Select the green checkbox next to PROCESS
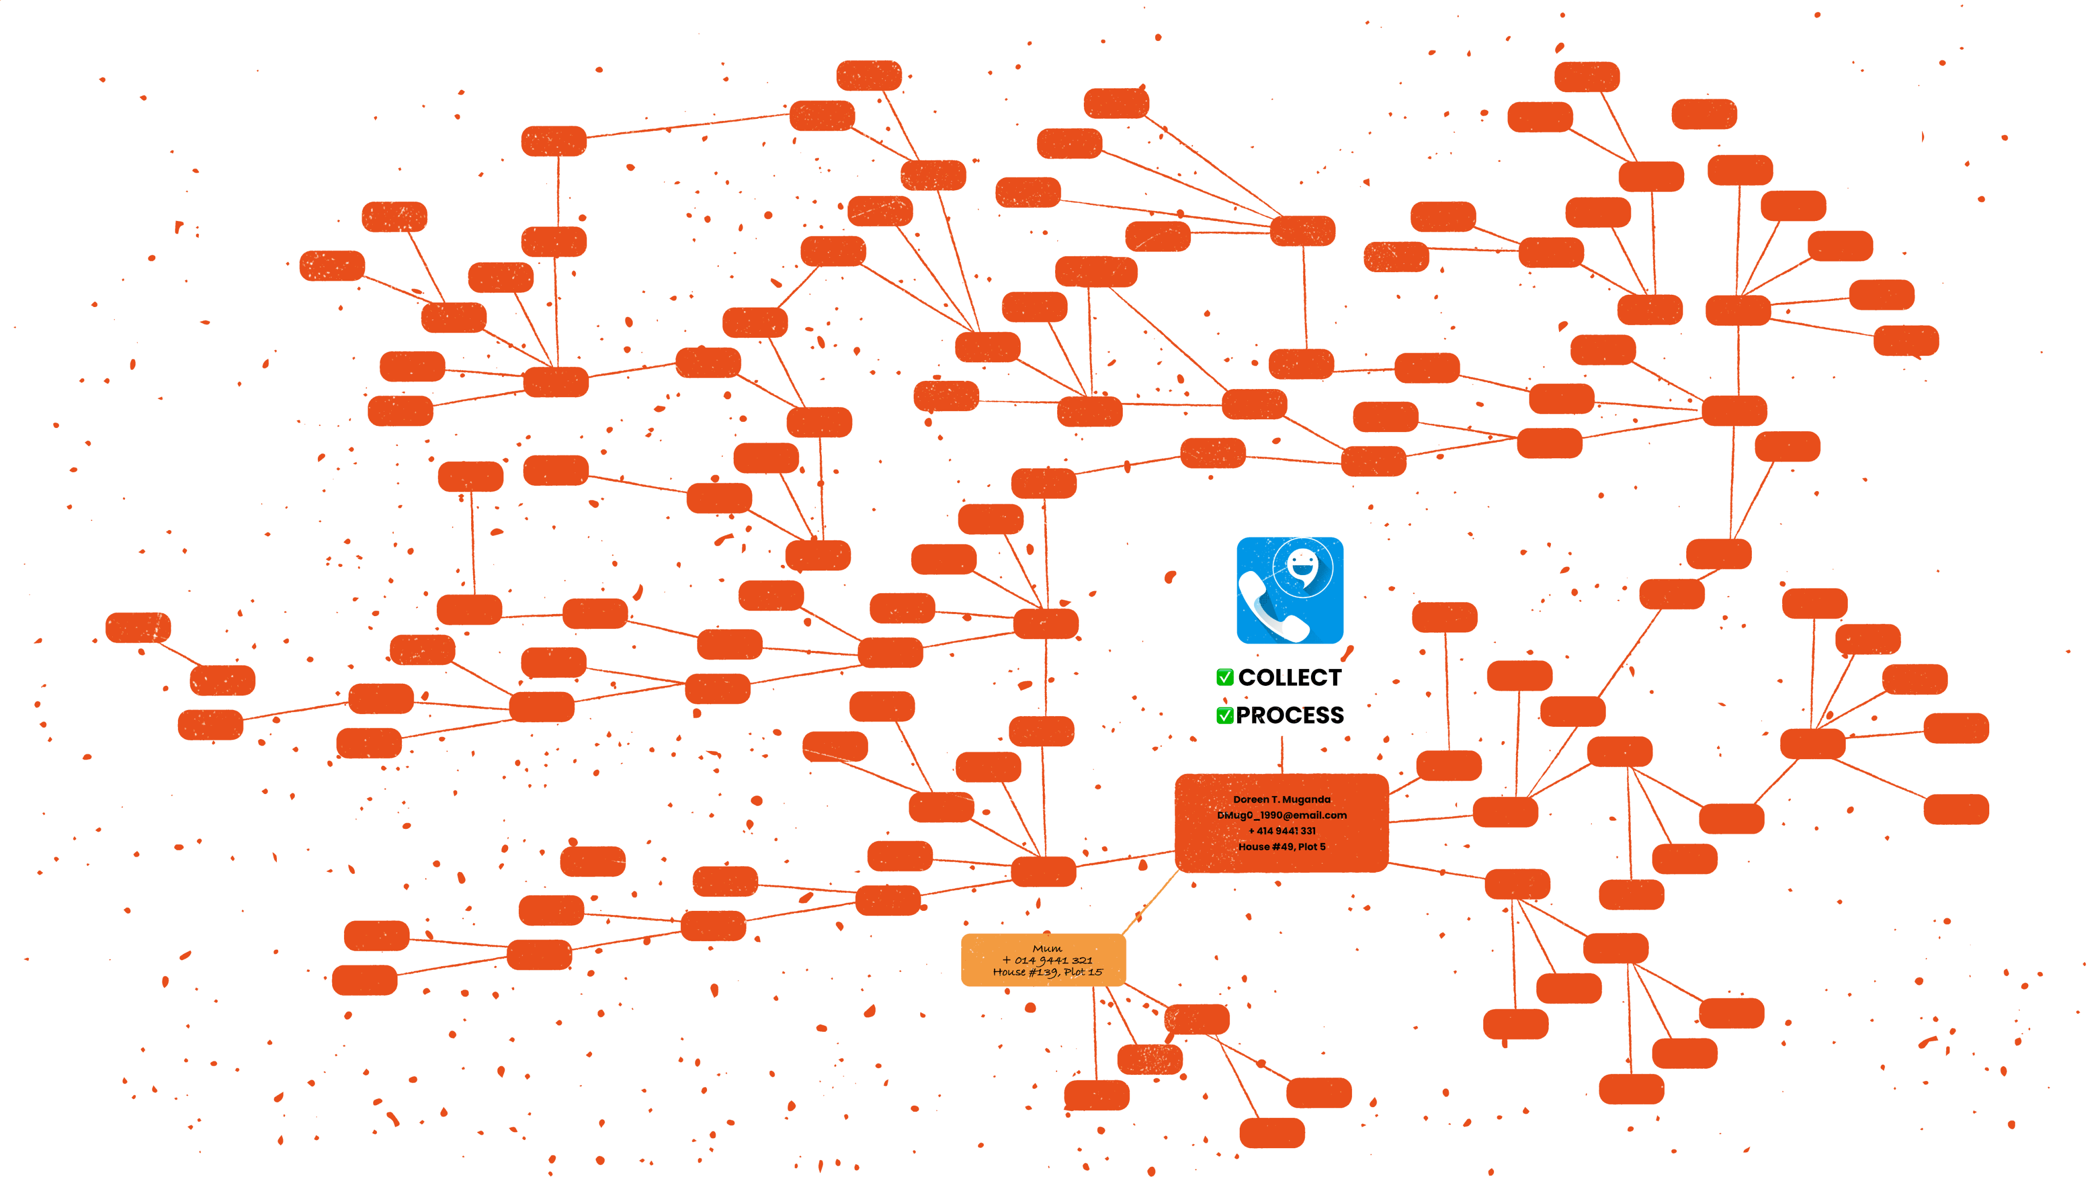point(1224,716)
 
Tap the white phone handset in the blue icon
point(1268,609)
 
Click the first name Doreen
point(1250,800)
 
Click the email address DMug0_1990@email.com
point(1282,815)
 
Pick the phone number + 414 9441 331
point(1282,830)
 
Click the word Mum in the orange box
point(1047,949)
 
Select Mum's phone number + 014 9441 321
point(1047,960)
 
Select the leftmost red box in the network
point(138,627)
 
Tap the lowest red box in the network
point(1271,1133)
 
